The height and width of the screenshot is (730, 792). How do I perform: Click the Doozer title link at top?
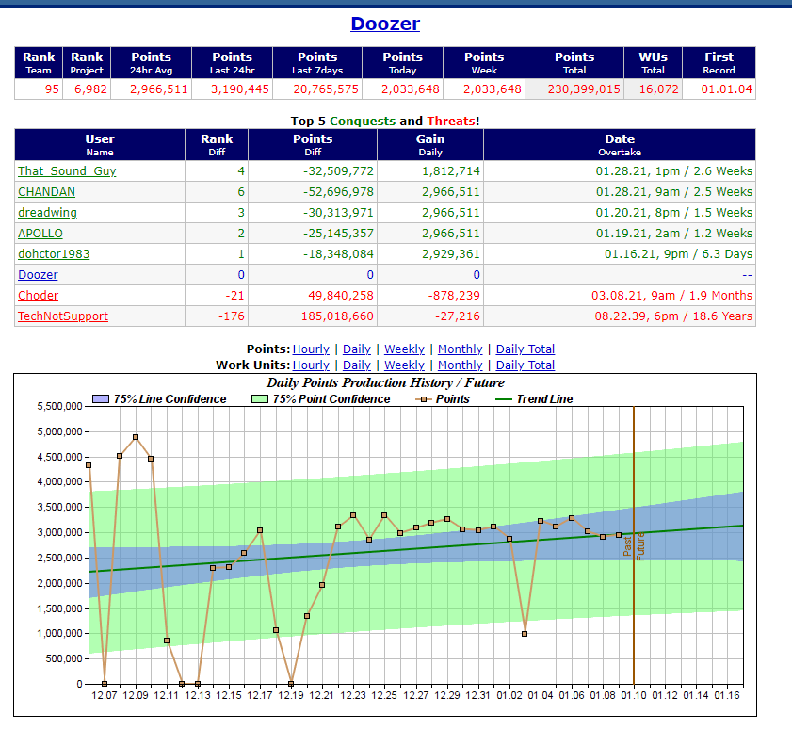(x=385, y=24)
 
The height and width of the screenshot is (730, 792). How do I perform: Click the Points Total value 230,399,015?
(x=574, y=89)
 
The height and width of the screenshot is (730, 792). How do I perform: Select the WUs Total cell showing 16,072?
(x=653, y=89)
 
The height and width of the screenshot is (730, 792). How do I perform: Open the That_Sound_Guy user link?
(x=67, y=171)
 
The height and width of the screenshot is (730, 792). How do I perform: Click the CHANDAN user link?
(x=46, y=192)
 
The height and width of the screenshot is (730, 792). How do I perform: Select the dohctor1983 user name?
(x=54, y=254)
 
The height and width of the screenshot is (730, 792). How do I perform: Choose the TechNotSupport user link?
(x=63, y=316)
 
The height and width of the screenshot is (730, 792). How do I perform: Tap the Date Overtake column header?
(x=620, y=144)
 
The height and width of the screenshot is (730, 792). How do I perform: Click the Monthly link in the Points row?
(x=460, y=349)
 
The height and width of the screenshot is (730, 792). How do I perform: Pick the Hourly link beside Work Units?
(x=311, y=365)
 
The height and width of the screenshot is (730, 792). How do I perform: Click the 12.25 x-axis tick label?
(x=384, y=695)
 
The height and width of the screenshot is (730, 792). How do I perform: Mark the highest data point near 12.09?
(x=136, y=437)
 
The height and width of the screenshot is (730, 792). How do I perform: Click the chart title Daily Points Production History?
(x=385, y=382)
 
